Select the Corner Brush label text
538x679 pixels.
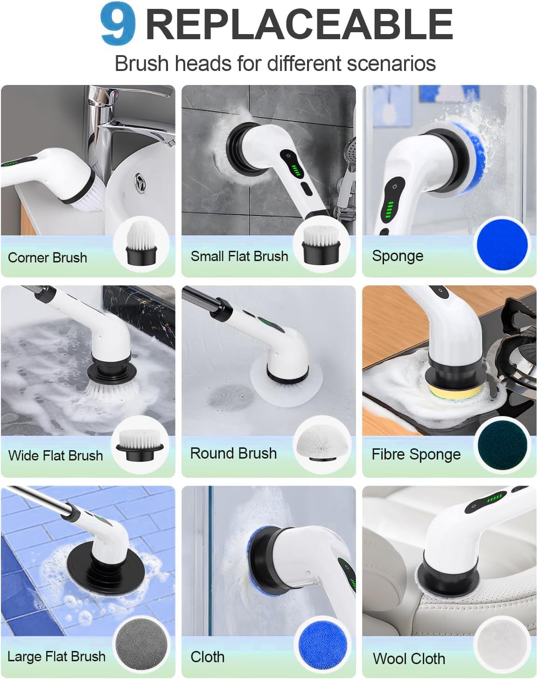48,257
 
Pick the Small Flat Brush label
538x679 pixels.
239,256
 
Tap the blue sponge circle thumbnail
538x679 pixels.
502,245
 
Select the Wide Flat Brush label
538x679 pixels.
56,455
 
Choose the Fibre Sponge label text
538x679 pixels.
416,454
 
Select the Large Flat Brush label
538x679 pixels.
56,656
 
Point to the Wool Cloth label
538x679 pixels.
409,658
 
